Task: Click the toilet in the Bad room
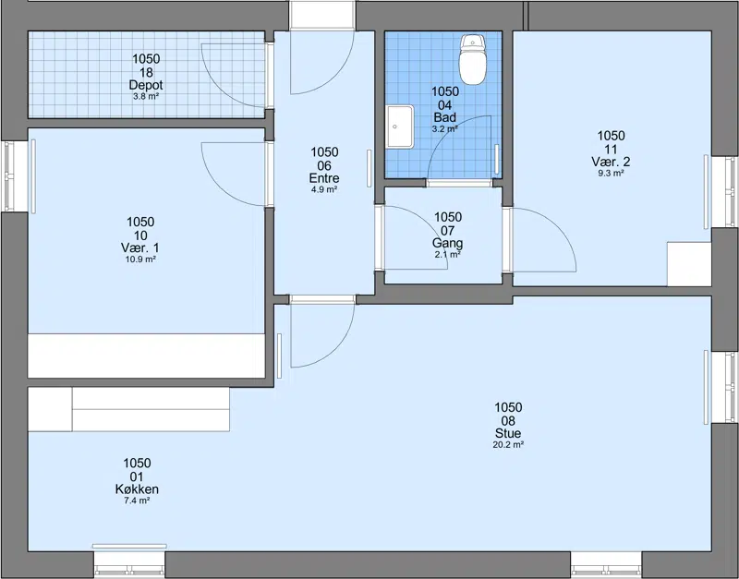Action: pos(472,59)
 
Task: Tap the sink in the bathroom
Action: pos(400,127)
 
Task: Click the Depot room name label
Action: pos(146,85)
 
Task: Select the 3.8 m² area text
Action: pos(146,97)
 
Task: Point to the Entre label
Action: pos(324,178)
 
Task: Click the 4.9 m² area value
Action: pos(324,190)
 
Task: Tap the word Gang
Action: pos(448,243)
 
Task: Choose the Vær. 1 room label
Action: pos(140,247)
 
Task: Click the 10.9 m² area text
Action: pos(140,259)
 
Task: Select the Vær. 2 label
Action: pos(611,162)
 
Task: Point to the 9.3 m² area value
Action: pos(611,173)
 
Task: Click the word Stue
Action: pos(508,433)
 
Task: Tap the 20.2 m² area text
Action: pos(508,445)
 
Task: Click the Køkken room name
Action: pos(137,489)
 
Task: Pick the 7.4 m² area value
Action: pos(137,501)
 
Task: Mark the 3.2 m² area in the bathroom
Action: pos(445,128)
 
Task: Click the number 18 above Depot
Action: pos(146,72)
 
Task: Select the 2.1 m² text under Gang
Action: pos(448,254)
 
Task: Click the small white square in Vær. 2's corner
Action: pos(689,264)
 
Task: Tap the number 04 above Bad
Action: pos(445,104)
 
